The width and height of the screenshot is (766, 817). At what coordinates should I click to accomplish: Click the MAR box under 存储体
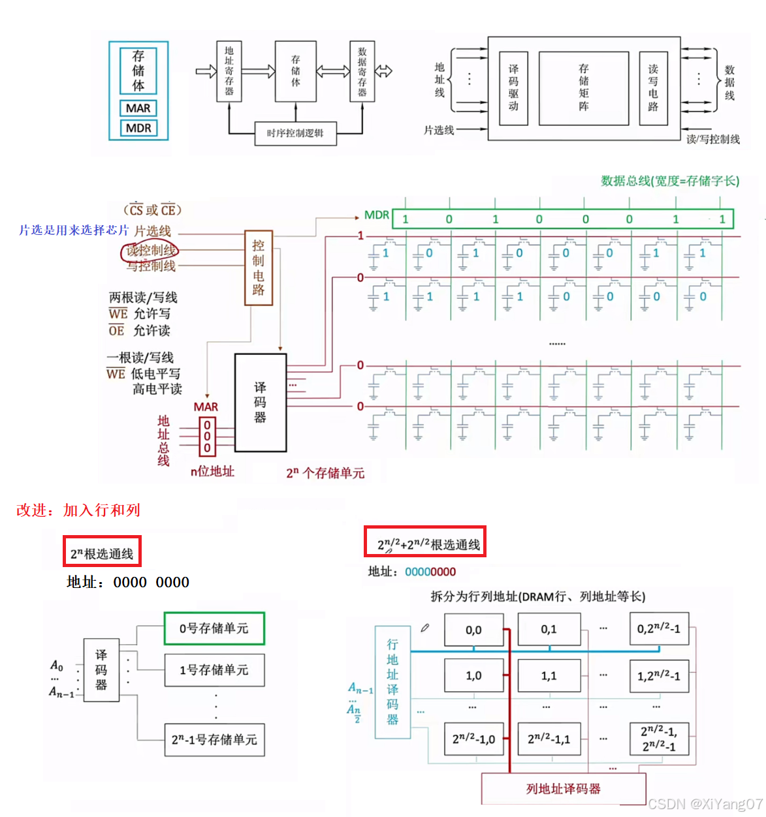[x=138, y=108]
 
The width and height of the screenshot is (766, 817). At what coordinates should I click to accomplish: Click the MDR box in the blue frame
[x=138, y=128]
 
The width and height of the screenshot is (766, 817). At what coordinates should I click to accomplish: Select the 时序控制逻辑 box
[x=295, y=133]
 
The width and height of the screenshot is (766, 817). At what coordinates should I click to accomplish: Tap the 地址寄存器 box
[x=229, y=71]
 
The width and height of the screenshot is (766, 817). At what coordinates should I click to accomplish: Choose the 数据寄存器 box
[x=362, y=71]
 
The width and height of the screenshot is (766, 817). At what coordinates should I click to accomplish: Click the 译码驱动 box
[x=513, y=88]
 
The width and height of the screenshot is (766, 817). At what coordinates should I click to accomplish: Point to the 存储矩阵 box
[x=583, y=88]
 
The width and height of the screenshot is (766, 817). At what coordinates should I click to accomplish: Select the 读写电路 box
[x=653, y=88]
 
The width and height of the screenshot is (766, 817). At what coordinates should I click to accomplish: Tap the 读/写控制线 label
[x=713, y=139]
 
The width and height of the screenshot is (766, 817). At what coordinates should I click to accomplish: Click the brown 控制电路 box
[x=259, y=268]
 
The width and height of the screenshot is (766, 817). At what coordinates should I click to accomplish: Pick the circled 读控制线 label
[x=150, y=251]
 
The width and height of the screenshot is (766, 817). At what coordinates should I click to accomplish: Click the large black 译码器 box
[x=261, y=403]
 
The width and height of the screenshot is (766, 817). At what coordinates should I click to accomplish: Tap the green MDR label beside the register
[x=376, y=215]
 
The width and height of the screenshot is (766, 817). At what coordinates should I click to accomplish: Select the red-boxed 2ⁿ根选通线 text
[x=102, y=553]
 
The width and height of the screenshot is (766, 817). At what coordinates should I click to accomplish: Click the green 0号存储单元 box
[x=214, y=628]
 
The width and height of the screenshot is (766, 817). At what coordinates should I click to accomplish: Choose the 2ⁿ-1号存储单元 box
[x=214, y=740]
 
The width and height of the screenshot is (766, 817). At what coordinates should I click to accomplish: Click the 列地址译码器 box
[x=564, y=789]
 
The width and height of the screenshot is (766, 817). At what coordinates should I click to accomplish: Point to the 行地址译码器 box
[x=392, y=682]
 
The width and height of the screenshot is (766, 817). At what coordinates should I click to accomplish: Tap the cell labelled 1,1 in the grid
[x=549, y=675]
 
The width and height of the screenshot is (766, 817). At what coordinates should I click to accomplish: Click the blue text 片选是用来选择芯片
[x=74, y=230]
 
